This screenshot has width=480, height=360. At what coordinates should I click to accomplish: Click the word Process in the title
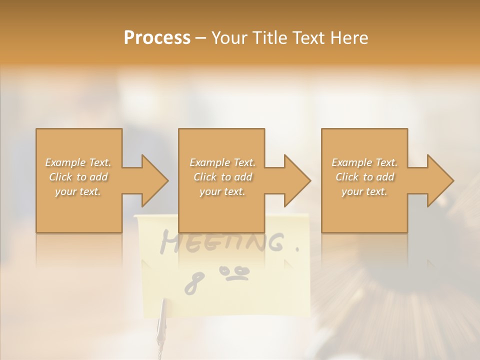point(157,37)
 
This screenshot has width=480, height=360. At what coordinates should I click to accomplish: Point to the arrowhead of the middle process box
point(296,180)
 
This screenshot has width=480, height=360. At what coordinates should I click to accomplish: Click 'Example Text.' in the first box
point(78,162)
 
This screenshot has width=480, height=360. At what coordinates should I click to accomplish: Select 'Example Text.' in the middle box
point(222,162)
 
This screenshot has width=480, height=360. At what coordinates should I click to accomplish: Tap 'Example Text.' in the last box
point(364,162)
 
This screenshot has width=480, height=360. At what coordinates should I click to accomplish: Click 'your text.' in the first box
point(78,191)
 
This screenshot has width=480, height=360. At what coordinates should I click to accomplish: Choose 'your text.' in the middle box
point(222,191)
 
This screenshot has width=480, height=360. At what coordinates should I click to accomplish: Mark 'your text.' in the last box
point(364,191)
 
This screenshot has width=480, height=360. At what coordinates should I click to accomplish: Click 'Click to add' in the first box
point(78,177)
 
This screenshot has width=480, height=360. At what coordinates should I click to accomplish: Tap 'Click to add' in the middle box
point(222,177)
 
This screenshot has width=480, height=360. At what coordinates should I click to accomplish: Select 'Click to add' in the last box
point(364,177)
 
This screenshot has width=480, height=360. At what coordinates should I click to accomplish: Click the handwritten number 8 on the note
point(192,282)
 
